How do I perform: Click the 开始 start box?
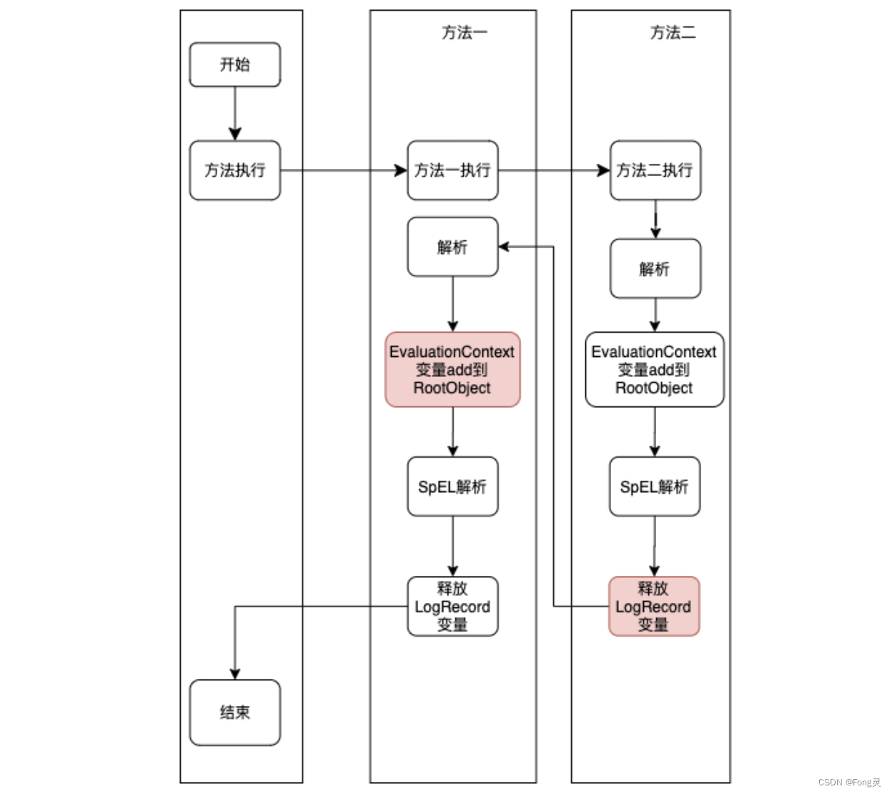point(234,64)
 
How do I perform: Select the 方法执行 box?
point(234,170)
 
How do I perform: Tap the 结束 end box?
point(234,712)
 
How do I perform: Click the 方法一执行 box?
point(452,170)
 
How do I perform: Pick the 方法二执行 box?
point(655,170)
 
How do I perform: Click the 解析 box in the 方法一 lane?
point(452,247)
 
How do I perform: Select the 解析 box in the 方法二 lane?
point(655,269)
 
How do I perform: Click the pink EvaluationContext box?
point(452,370)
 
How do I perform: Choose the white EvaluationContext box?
point(654,370)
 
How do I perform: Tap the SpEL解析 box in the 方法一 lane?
point(452,487)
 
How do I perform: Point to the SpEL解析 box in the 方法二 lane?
point(654,487)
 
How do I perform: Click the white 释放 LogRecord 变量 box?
point(452,607)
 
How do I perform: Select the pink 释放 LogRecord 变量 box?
point(653,607)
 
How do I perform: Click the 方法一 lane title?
point(464,33)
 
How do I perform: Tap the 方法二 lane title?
point(673,33)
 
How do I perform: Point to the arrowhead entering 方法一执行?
point(401,170)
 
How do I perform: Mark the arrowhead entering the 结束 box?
point(234,674)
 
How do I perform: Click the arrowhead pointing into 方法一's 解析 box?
point(504,247)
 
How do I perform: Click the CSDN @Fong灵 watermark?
point(849,783)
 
